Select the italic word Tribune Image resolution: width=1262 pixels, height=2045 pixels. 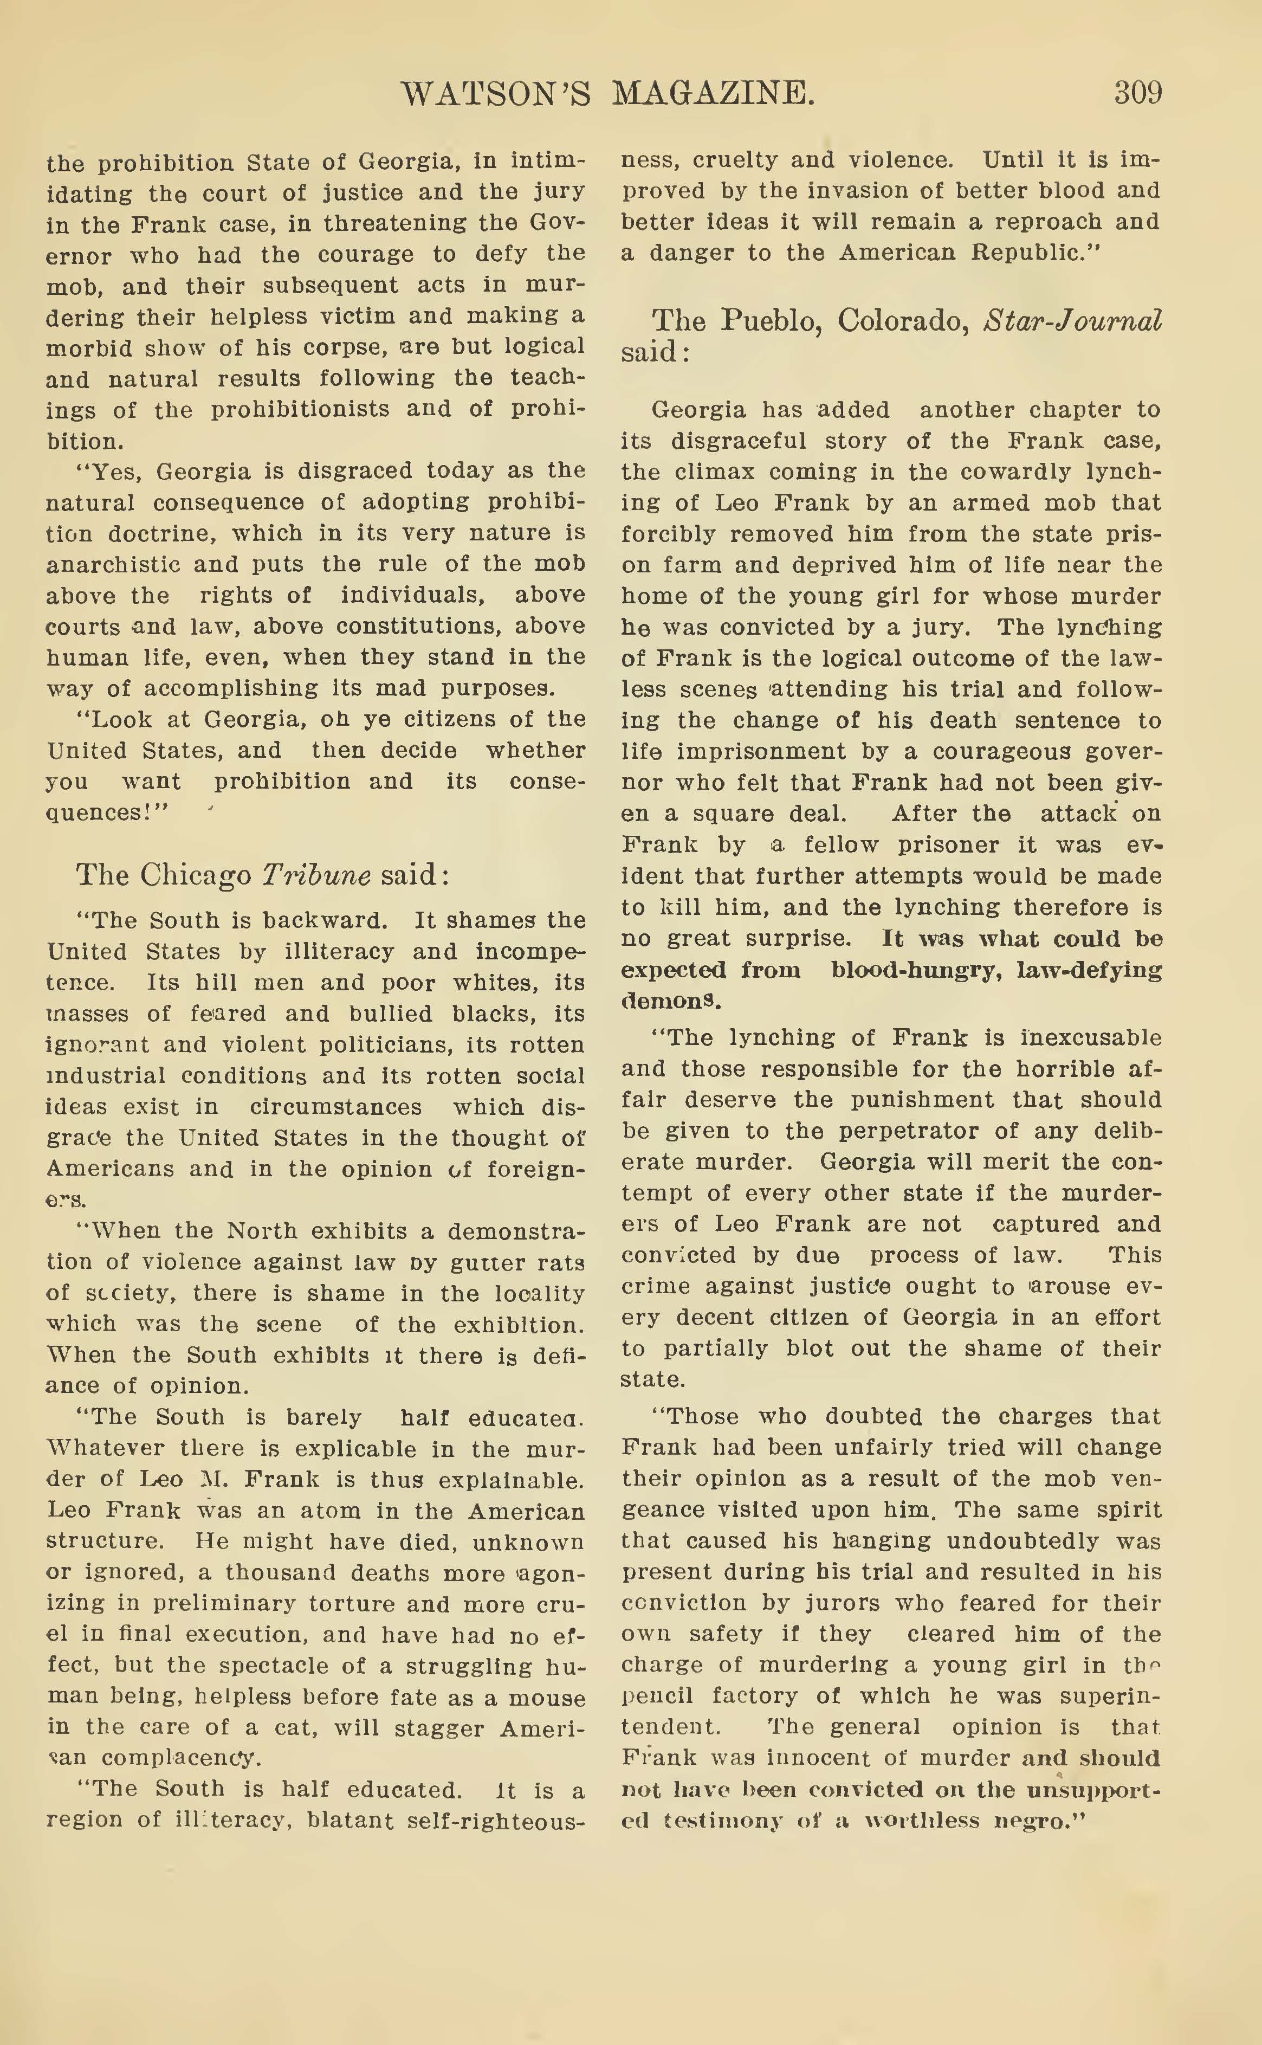coord(316,875)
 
